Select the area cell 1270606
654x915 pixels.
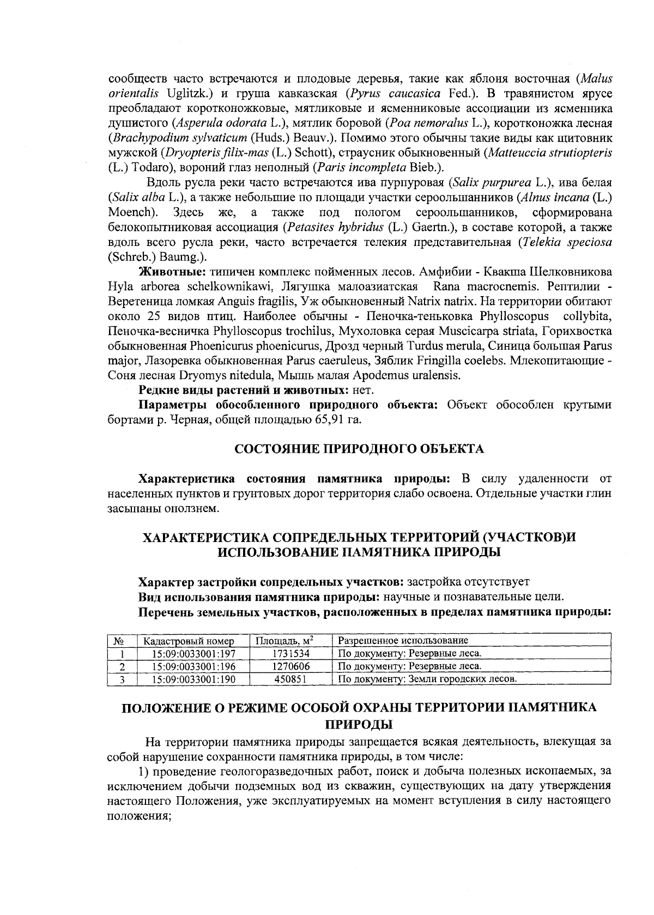coord(290,666)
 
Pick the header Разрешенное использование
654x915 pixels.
coord(403,640)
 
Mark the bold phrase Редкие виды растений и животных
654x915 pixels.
coord(244,390)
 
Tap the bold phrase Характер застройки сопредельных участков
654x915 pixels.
coord(271,581)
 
